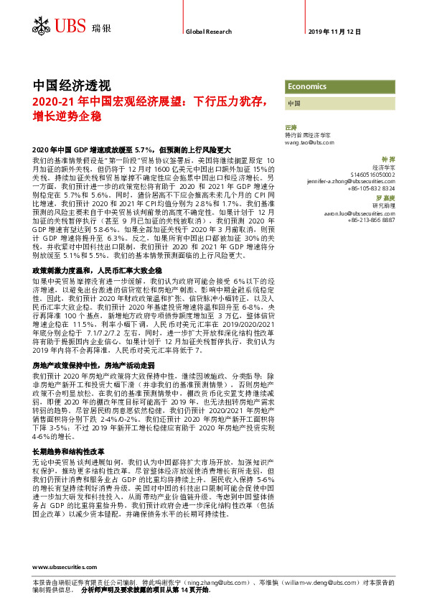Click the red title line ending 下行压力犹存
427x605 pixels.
click(151, 101)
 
